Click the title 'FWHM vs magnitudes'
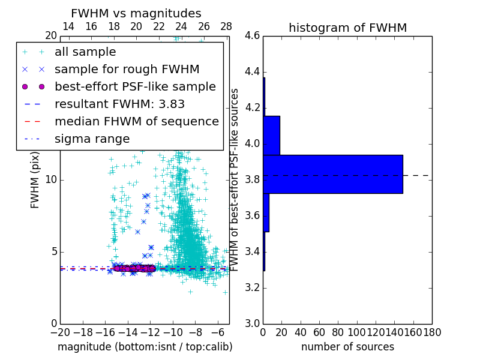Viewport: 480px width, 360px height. click(136, 13)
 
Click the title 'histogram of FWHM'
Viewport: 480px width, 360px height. click(347, 28)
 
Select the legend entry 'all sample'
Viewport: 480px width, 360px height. click(85, 52)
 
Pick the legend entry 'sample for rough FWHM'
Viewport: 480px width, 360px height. click(127, 69)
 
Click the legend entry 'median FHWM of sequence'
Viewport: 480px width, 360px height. click(136, 121)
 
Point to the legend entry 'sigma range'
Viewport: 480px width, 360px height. click(92, 139)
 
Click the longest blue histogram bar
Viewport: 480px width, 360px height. click(332, 174)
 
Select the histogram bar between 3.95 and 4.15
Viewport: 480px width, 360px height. click(271, 135)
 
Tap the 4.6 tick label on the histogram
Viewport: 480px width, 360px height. click(253, 36)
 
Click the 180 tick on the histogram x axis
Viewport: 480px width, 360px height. click(432, 332)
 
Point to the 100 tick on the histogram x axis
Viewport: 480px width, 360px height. click(356, 332)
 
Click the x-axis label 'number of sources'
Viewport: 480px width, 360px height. click(347, 347)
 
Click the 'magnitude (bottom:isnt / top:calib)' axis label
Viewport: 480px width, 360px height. click(145, 347)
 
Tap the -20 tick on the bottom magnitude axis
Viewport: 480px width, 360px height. click(60, 332)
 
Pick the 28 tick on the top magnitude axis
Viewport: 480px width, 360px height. click(226, 26)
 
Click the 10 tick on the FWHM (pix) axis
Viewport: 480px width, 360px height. click(52, 180)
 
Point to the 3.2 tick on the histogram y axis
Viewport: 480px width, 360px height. click(253, 287)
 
